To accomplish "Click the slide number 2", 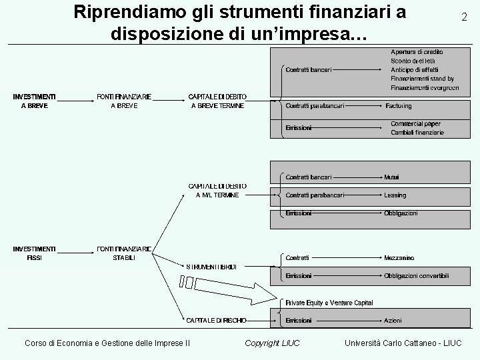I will pos(464,18).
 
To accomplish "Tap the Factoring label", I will pos(398,105).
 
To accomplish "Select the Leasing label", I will pos(395,195).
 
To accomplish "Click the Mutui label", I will pos(391,177).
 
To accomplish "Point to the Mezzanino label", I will pos(399,257).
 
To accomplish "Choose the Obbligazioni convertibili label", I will pos(416,275).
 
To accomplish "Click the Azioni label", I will pos(393,321).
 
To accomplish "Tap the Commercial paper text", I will pos(415,124).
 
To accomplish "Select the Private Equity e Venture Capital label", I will pos(329,303).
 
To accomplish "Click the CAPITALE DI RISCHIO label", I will pos(216,321).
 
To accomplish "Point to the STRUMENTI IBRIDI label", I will pos(211,267).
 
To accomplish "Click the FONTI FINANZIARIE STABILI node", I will pos(124,253).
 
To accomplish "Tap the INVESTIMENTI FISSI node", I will pos(34,253).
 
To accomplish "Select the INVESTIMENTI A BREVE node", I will pos(34,101).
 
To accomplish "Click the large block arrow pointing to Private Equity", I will pos(233,286).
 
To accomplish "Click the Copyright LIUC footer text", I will pos(272,343).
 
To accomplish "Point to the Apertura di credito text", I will pos(417,52).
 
